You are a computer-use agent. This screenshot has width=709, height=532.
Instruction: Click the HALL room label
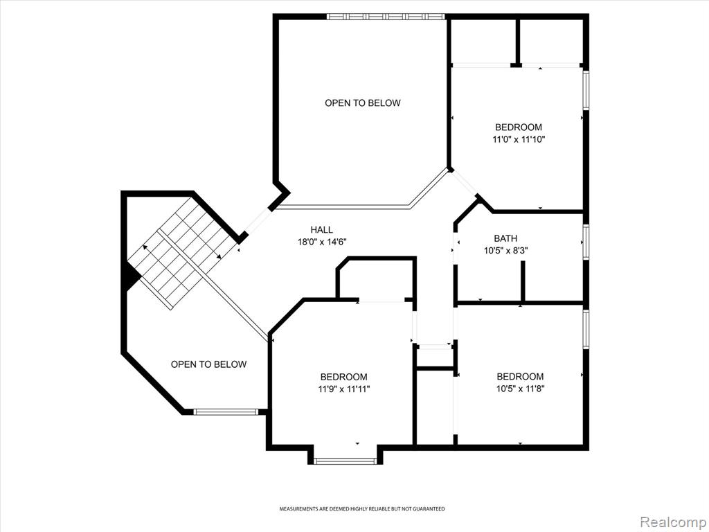(x=321, y=230)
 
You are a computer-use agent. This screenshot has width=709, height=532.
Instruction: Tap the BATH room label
(x=505, y=238)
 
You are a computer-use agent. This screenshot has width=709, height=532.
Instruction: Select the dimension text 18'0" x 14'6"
(x=321, y=242)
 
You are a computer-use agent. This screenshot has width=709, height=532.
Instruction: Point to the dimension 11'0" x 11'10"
(x=519, y=139)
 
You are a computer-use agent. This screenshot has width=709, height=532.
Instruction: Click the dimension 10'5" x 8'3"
(x=505, y=250)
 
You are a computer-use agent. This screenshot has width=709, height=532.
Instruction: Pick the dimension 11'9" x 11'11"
(x=344, y=389)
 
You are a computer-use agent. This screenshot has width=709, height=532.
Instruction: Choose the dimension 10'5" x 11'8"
(x=520, y=389)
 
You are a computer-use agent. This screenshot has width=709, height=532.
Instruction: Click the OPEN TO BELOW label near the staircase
(x=209, y=364)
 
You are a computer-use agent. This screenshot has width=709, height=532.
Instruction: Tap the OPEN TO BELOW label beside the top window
(x=363, y=103)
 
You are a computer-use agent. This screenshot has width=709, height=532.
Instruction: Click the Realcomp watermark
(x=672, y=522)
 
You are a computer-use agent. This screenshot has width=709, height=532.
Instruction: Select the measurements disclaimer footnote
(x=361, y=509)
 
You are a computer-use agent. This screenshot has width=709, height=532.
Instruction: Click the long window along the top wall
(x=386, y=17)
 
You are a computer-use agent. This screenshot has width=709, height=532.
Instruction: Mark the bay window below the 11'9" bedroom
(x=345, y=461)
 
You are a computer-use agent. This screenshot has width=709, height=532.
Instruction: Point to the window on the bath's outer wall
(x=586, y=242)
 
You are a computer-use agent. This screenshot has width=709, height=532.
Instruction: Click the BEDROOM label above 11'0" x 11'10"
(x=519, y=127)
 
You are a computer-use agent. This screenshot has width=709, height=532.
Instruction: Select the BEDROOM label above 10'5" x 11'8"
(x=520, y=376)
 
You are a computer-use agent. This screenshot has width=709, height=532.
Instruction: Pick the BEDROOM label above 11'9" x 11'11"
(x=344, y=376)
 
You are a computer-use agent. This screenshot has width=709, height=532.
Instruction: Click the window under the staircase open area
(x=226, y=411)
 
